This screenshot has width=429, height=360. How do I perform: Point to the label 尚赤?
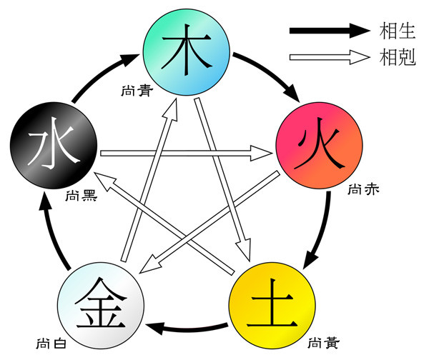[x=362, y=191]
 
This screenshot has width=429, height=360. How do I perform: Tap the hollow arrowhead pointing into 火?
[x=262, y=152]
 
